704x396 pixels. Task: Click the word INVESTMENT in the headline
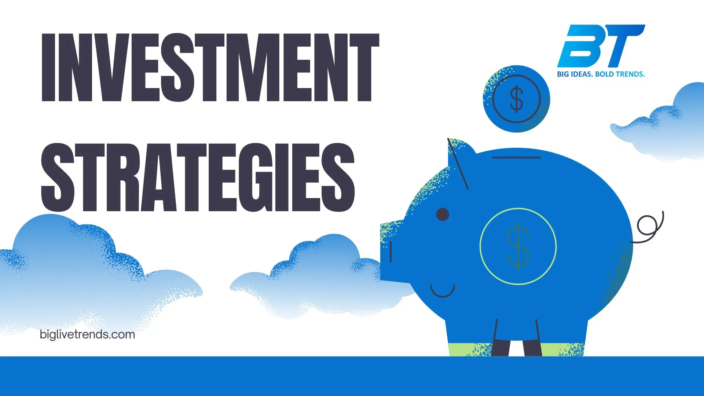(x=210, y=68)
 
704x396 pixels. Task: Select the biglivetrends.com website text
(x=87, y=334)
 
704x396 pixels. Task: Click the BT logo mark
(x=601, y=45)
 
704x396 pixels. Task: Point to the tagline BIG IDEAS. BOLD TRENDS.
(x=601, y=74)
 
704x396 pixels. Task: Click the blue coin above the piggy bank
(x=516, y=99)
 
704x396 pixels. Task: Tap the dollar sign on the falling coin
(x=516, y=98)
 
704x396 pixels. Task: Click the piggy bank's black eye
(x=443, y=214)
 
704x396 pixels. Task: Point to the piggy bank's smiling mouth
(x=443, y=292)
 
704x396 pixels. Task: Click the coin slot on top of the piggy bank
(x=516, y=157)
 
